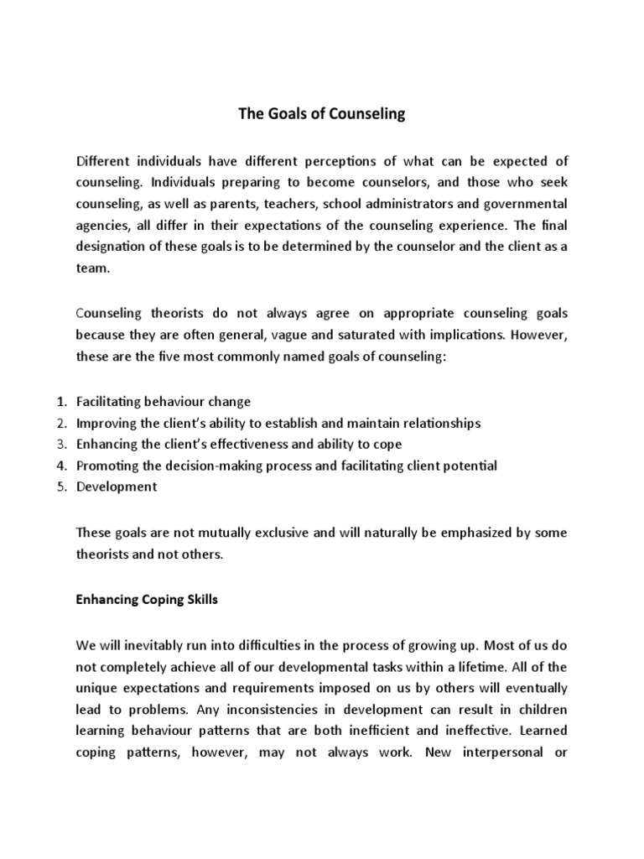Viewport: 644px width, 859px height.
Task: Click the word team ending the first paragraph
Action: (91, 269)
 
